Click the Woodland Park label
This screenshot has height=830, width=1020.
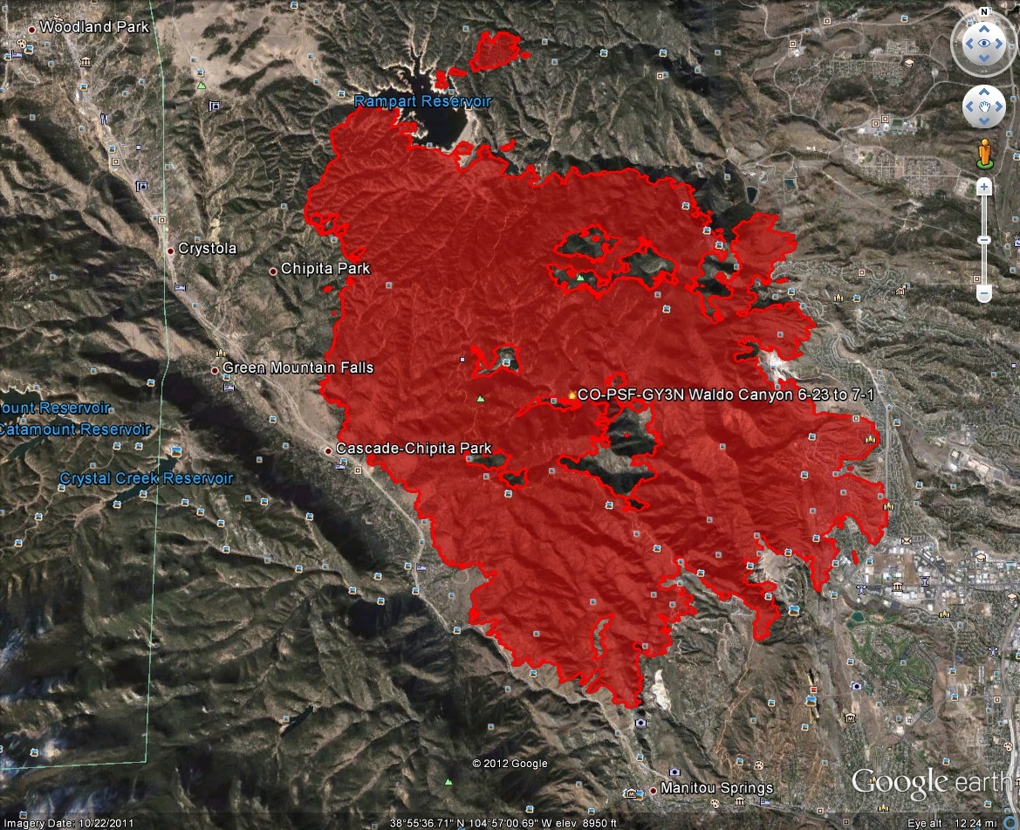click(88, 27)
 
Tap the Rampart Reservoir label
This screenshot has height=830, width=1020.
click(422, 101)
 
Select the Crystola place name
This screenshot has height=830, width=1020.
click(207, 249)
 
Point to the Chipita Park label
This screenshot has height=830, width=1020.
click(325, 269)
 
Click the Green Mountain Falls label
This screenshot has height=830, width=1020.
click(298, 368)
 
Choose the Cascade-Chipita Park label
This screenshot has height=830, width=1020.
click(414, 449)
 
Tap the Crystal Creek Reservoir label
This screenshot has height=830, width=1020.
click(146, 478)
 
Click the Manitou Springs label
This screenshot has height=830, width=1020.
click(716, 788)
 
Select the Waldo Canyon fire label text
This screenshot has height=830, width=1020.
click(725, 394)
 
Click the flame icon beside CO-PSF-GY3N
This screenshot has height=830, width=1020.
click(572, 394)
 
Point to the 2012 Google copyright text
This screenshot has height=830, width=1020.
click(510, 764)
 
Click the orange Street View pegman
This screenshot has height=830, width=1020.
click(985, 152)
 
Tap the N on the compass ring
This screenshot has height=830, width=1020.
click(983, 12)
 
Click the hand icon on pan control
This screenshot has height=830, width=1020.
click(983, 106)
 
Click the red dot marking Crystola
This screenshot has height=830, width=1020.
click(171, 250)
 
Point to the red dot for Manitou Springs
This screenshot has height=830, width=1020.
click(654, 790)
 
